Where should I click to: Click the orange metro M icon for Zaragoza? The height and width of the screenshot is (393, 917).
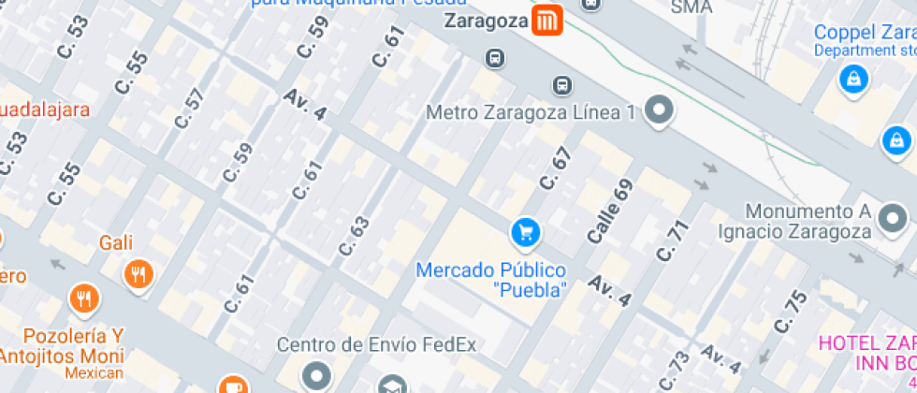[546, 20]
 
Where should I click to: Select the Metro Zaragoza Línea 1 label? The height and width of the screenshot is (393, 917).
[531, 112]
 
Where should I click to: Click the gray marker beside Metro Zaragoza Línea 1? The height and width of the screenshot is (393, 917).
[661, 110]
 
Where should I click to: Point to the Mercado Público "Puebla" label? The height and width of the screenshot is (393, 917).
[491, 280]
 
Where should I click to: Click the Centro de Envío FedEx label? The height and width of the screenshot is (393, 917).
[376, 344]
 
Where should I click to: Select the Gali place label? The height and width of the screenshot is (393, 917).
[117, 243]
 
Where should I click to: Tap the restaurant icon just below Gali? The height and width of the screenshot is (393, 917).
[138, 274]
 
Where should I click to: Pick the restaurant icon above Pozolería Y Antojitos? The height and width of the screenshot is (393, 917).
[84, 298]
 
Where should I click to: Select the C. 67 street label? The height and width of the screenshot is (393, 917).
[555, 171]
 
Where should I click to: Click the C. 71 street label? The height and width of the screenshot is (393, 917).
[673, 240]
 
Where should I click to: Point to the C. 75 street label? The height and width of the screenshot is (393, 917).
[791, 312]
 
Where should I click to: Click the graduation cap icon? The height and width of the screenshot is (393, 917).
[391, 384]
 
